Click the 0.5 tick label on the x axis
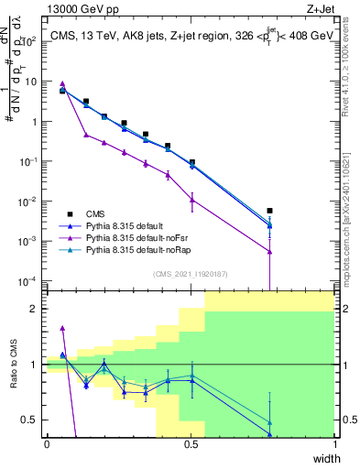(x=191, y=445)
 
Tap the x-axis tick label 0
(x=47, y=445)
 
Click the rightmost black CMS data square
(x=269, y=211)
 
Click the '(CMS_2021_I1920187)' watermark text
(x=191, y=273)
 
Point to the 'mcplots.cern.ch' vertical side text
(x=352, y=229)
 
